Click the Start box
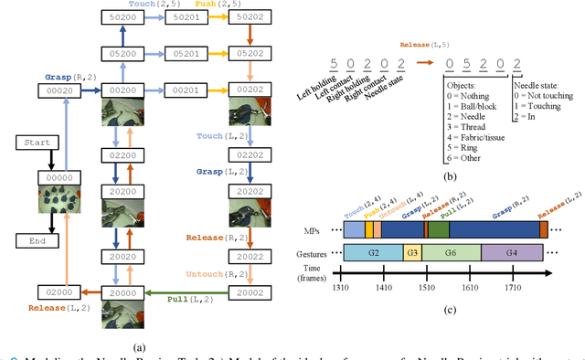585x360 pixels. click(x=37, y=143)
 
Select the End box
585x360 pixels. click(x=37, y=241)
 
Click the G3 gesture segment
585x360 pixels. click(x=412, y=252)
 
